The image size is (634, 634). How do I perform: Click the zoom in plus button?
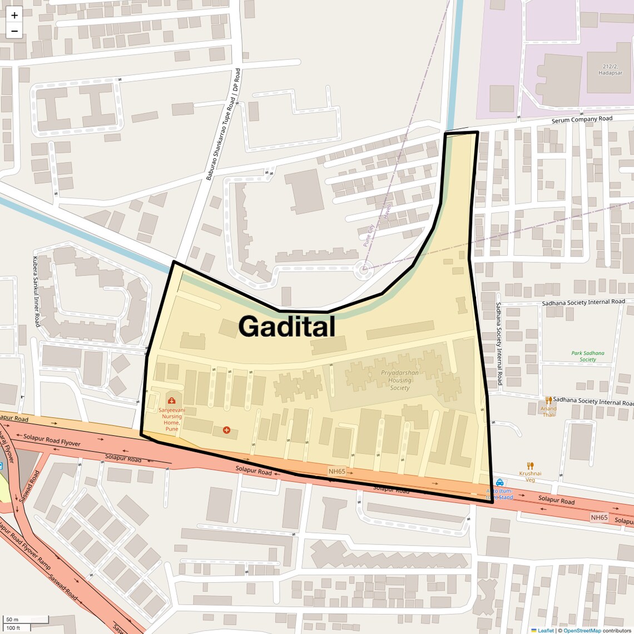click(x=14, y=16)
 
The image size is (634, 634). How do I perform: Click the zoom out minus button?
click(x=14, y=31)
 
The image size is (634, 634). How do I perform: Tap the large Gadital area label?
click(x=287, y=326)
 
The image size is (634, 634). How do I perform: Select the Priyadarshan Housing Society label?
click(x=400, y=380)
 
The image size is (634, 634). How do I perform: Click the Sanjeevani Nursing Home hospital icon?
click(x=171, y=400)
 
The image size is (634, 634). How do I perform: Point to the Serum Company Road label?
click(x=582, y=119)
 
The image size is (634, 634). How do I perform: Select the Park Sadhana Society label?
click(x=587, y=356)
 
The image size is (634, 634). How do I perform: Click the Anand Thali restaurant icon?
click(x=548, y=400)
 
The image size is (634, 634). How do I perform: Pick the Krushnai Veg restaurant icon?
click(x=530, y=465)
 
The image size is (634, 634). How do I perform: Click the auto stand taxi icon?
click(x=499, y=483)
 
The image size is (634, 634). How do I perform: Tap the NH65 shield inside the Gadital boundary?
click(x=336, y=471)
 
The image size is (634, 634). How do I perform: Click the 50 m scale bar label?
click(x=12, y=620)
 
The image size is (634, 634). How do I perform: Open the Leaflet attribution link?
click(x=545, y=630)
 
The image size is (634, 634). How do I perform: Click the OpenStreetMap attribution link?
click(x=582, y=630)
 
